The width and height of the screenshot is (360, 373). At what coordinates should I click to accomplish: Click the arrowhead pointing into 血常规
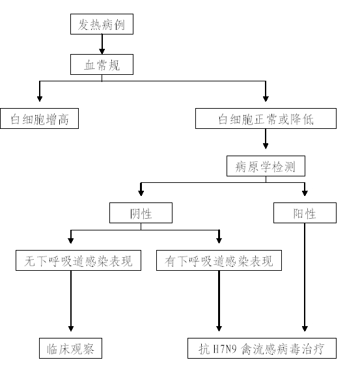click(102, 51)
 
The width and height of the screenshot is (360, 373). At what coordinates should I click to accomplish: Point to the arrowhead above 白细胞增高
click(40, 99)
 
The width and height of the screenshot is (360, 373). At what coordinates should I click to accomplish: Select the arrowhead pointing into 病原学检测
click(266, 146)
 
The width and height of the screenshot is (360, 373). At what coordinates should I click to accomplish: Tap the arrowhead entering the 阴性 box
click(141, 193)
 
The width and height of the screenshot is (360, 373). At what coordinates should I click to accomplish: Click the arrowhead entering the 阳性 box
click(305, 193)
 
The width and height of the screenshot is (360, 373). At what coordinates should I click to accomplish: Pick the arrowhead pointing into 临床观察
click(71, 329)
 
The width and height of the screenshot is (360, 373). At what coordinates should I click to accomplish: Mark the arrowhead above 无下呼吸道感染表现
click(71, 240)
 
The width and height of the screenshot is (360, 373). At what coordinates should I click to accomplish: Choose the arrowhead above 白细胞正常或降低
click(266, 99)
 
